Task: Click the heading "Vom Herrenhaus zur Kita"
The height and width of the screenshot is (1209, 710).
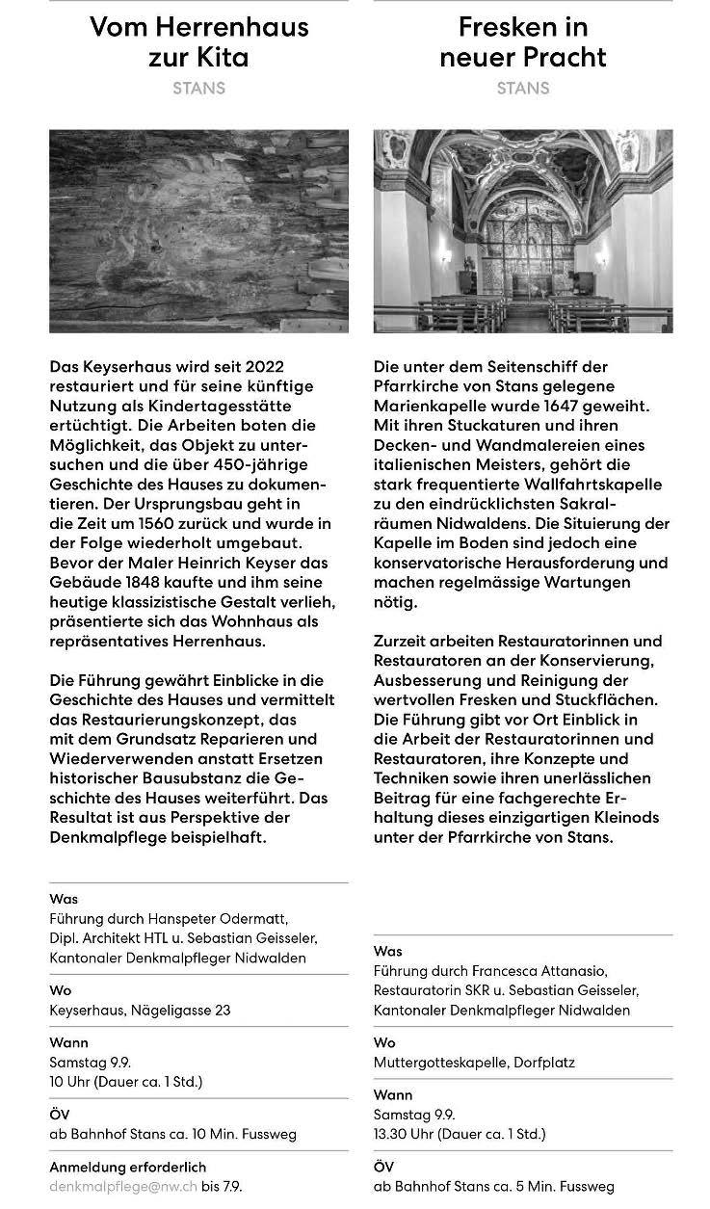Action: [198, 41]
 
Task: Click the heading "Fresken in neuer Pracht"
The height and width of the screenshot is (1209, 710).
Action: [523, 41]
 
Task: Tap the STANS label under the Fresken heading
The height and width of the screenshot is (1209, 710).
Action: [523, 88]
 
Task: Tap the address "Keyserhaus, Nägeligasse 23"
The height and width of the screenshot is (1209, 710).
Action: [140, 1011]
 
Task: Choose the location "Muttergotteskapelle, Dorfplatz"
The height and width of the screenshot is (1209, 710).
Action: [474, 1063]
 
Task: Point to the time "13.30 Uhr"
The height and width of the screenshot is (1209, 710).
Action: [405, 1134]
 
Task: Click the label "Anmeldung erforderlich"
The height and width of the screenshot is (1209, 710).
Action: [127, 1168]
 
